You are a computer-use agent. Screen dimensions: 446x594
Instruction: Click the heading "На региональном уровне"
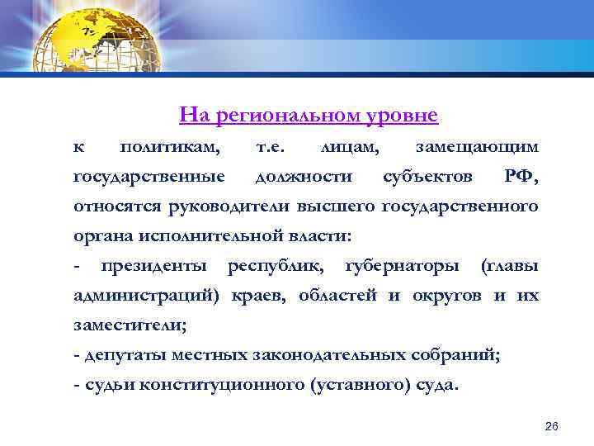pos(308,115)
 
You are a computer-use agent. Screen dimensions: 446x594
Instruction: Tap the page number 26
pos(552,426)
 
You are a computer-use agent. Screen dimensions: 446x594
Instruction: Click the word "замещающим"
pos(478,147)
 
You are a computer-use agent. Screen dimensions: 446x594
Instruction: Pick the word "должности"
pos(304,177)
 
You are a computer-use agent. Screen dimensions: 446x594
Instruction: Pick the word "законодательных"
pos(330,355)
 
